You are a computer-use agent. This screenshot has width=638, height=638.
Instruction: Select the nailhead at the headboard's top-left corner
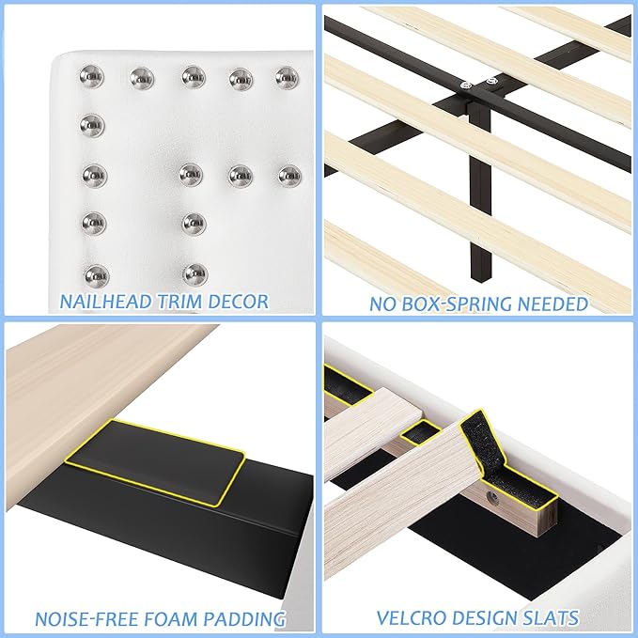(92, 74)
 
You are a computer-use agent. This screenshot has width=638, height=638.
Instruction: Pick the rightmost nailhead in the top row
(287, 75)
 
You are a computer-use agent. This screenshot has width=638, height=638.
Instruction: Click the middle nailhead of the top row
(193, 75)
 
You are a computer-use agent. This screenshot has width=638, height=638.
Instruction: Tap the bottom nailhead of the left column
(95, 274)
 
